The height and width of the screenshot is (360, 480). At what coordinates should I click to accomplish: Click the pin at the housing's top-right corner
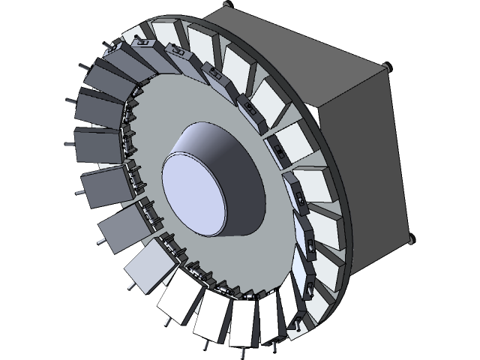pyautogui.click(x=388, y=67)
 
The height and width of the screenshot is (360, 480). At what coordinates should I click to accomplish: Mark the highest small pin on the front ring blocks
pyautogui.click(x=113, y=46)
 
